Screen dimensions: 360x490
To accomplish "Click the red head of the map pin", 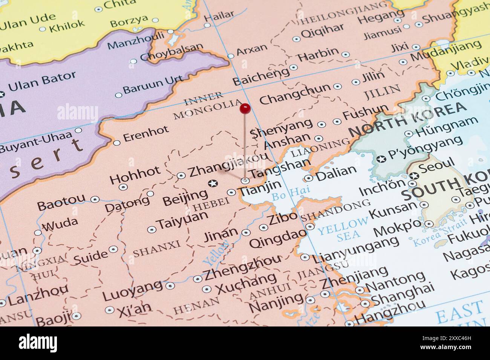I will pyautogui.click(x=245, y=109).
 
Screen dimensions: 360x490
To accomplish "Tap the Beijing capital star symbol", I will pyautogui.click(x=213, y=183).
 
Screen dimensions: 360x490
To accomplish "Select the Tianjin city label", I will pyautogui.click(x=261, y=187).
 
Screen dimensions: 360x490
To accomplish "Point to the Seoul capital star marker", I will pyautogui.click(x=414, y=175).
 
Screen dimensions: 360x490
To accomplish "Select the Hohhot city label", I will pyautogui.click(x=135, y=174).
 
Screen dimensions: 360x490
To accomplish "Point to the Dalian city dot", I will pyautogui.click(x=309, y=178).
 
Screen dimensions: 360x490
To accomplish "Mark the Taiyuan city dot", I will pyautogui.click(x=152, y=229).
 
